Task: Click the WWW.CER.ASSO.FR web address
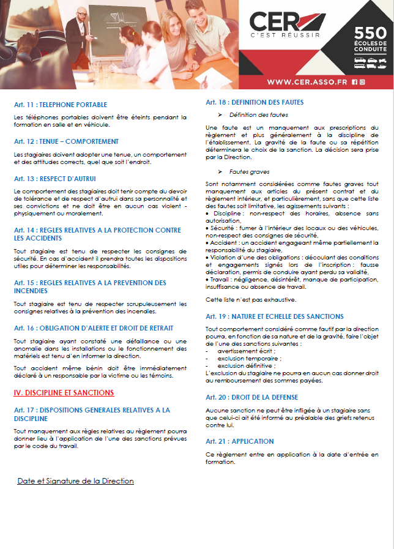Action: [x=308, y=81]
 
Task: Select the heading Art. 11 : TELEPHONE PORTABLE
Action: [x=61, y=105]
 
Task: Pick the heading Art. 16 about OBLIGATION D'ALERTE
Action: [x=93, y=328]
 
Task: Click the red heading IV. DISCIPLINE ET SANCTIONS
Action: [x=64, y=392]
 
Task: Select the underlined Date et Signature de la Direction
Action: [x=75, y=481]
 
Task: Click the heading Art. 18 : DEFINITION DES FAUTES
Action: [x=255, y=102]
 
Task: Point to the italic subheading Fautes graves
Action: [x=249, y=172]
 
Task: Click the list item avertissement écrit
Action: [x=243, y=351]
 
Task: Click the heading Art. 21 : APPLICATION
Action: [x=240, y=441]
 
